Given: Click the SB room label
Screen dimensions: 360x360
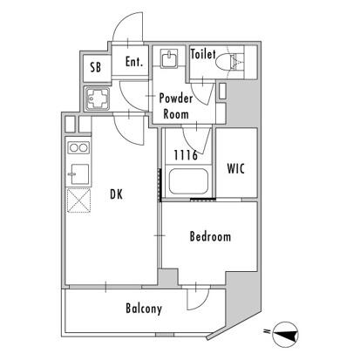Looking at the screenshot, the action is (x=96, y=67).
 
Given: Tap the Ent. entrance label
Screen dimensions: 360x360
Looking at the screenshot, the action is (x=134, y=62).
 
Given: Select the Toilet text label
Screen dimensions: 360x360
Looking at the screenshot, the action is (x=203, y=54).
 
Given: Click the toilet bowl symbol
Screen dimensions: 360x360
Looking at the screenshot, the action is (x=228, y=62).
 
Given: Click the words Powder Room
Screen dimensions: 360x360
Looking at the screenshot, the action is (x=176, y=106).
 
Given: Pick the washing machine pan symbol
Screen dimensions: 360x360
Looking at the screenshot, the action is (x=98, y=98).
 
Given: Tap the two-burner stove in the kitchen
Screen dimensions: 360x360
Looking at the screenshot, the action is (x=78, y=147).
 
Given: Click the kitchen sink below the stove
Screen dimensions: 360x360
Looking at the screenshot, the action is (x=78, y=173).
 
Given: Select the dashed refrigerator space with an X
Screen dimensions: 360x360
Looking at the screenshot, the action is (x=78, y=200).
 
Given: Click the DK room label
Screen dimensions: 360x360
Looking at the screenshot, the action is (x=117, y=194).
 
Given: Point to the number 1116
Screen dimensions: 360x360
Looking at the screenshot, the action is (x=186, y=155).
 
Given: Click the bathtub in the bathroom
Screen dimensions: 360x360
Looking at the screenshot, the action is (x=188, y=181).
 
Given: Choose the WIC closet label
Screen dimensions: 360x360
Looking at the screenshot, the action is (x=236, y=168).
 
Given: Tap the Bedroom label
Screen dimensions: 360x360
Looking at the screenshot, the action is (x=210, y=236).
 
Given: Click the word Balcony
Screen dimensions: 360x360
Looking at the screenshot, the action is (x=144, y=309).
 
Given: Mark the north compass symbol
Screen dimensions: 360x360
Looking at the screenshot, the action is (x=286, y=335).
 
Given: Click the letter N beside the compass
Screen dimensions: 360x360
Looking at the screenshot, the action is (x=266, y=331).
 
